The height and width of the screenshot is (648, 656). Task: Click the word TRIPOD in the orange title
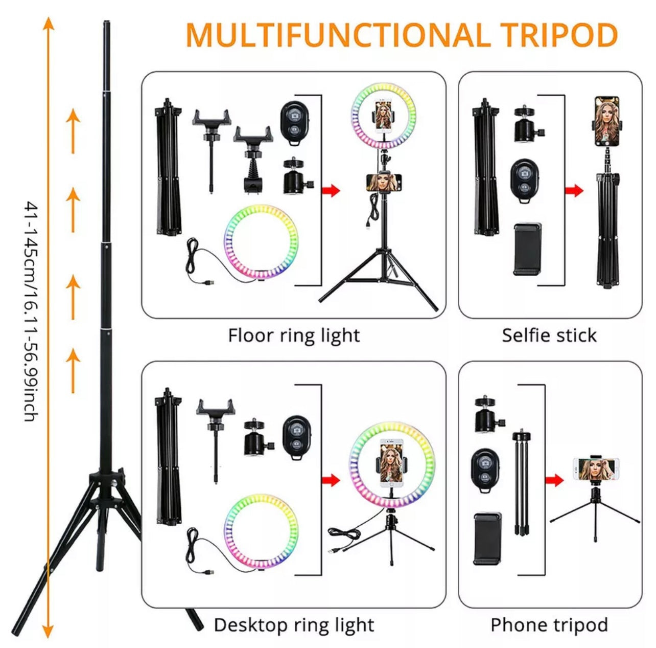pyautogui.click(x=558, y=35)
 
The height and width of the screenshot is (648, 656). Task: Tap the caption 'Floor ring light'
pyautogui.click(x=294, y=336)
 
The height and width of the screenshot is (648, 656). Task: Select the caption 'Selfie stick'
pyautogui.click(x=549, y=336)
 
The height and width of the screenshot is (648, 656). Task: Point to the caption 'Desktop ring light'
pyautogui.click(x=294, y=624)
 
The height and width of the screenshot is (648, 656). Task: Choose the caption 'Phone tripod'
pyautogui.click(x=549, y=624)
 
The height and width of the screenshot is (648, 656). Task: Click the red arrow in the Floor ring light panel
pyautogui.click(x=331, y=191)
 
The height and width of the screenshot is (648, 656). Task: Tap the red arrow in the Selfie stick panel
pyautogui.click(x=574, y=191)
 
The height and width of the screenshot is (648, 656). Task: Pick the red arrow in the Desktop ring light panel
pyautogui.click(x=331, y=480)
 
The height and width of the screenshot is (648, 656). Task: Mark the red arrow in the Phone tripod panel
pyautogui.click(x=554, y=480)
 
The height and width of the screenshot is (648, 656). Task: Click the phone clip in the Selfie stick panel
pyautogui.click(x=527, y=249)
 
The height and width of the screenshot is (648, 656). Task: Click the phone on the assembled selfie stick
pyautogui.click(x=606, y=121)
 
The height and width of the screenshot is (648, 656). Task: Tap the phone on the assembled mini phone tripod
pyautogui.click(x=595, y=470)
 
